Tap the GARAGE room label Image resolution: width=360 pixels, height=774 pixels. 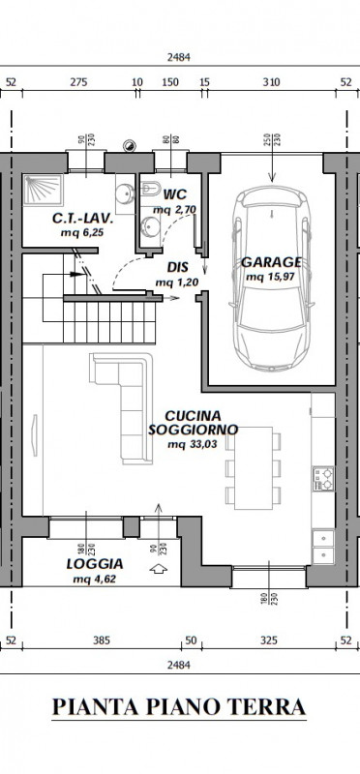(x=271, y=261)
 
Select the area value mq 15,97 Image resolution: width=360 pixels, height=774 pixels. (x=271, y=278)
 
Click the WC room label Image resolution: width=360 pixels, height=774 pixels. (x=176, y=193)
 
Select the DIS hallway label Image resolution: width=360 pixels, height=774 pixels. (x=177, y=267)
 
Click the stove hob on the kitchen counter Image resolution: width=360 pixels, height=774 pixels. (x=322, y=479)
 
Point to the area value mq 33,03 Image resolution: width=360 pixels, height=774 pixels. (x=190, y=445)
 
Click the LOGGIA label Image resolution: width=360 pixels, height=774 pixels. (x=94, y=562)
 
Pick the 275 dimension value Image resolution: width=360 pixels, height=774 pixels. (x=79, y=82)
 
